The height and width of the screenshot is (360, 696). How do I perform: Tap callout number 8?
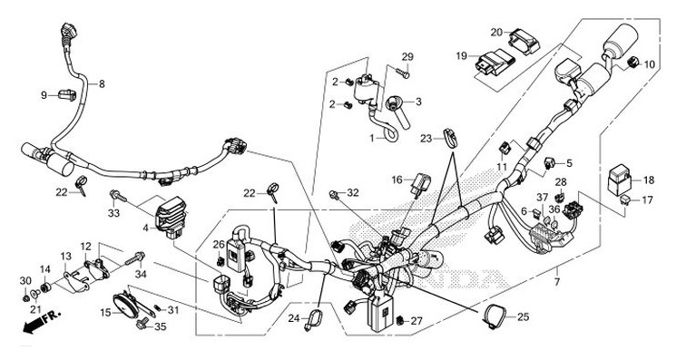pyautogui.click(x=102, y=84)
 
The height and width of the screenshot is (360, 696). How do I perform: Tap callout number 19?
pyautogui.click(x=461, y=56)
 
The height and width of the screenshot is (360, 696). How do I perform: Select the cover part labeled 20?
pyautogui.click(x=521, y=39)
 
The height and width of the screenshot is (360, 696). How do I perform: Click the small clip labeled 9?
pyautogui.click(x=66, y=93)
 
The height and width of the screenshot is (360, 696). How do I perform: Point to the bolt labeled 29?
pyautogui.click(x=402, y=71)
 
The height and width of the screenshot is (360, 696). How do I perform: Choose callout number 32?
pyautogui.click(x=354, y=192)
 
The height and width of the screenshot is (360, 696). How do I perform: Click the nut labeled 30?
pyautogui.click(x=26, y=294)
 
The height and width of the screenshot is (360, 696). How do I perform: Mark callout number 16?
pyautogui.click(x=397, y=180)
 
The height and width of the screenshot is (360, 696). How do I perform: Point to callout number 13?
pyautogui.click(x=65, y=257)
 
